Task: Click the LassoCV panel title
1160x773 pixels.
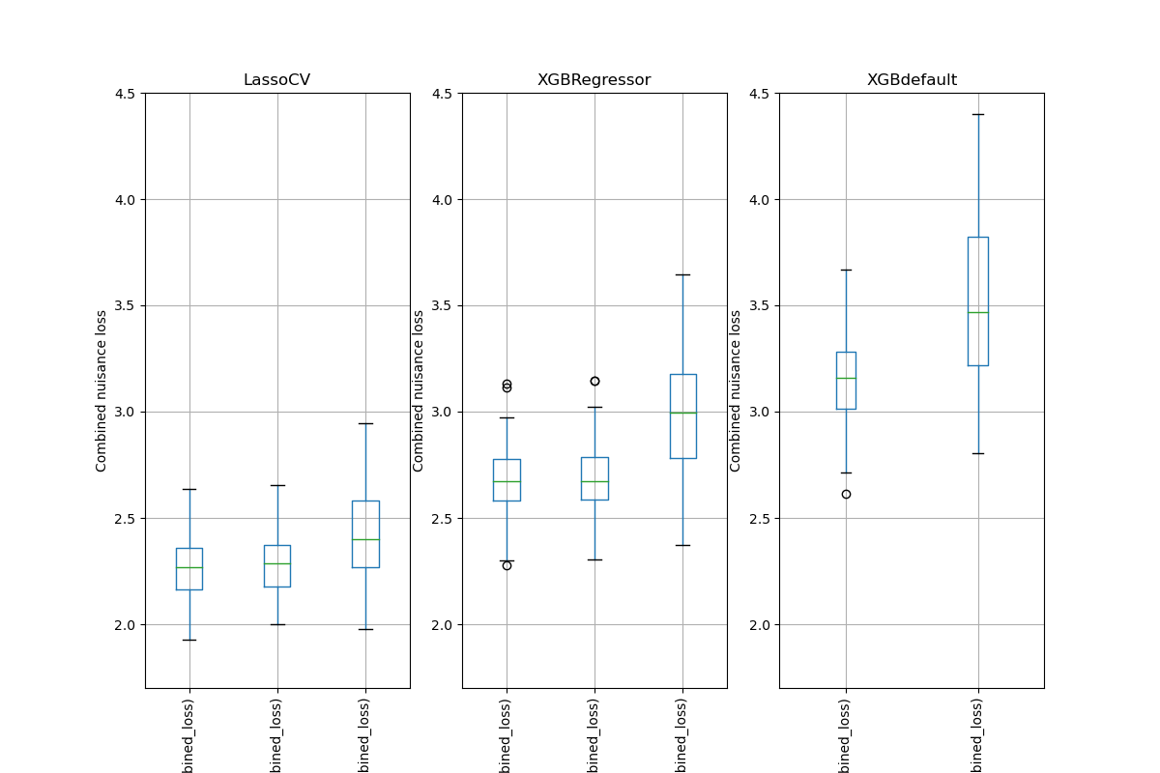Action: [x=276, y=80]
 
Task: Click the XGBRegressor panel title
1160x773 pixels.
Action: [x=594, y=80]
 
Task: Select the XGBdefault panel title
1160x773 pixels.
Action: [x=911, y=80]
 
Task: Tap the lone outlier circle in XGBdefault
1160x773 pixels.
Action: [x=846, y=494]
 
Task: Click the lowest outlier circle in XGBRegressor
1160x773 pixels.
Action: [x=507, y=565]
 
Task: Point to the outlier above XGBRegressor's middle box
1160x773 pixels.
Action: [x=594, y=381]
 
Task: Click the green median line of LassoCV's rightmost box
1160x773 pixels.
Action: [x=365, y=539]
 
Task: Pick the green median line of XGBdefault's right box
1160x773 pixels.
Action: [x=977, y=312]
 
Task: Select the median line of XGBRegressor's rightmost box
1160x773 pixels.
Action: [x=682, y=413]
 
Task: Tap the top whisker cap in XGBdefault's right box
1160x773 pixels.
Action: [x=977, y=114]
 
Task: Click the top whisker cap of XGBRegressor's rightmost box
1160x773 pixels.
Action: [x=682, y=274]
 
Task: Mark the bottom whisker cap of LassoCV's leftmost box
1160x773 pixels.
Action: [x=189, y=640]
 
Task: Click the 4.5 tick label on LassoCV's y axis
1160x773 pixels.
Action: [x=127, y=94]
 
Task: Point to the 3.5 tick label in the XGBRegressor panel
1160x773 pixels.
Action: [x=444, y=306]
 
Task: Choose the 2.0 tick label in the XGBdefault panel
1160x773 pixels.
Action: [x=761, y=625]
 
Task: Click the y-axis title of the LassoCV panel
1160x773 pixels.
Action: [x=101, y=390]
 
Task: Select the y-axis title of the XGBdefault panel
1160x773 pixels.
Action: [x=736, y=390]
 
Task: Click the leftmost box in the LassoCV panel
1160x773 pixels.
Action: [x=189, y=569]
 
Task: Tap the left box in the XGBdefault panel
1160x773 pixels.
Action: [x=846, y=381]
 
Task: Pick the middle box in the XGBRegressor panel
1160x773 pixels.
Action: [x=594, y=478]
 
